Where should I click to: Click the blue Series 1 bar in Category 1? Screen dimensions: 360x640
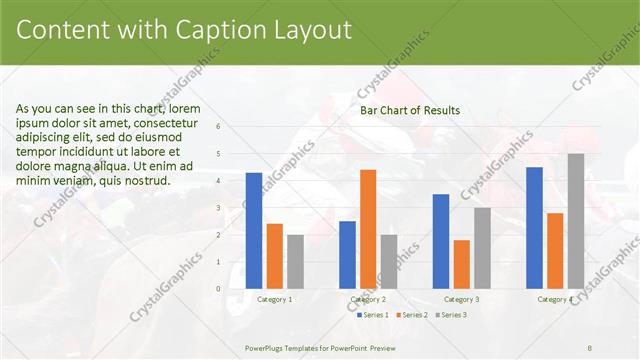click(x=254, y=231)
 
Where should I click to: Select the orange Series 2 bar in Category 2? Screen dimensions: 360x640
click(x=368, y=229)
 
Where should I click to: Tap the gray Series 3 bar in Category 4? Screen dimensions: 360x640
click(x=576, y=221)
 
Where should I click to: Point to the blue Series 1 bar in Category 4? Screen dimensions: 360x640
click(x=534, y=228)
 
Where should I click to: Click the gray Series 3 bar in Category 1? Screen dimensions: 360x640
click(x=295, y=262)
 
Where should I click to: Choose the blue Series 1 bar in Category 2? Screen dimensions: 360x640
click(x=347, y=255)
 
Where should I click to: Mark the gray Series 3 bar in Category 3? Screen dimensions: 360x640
click(x=482, y=248)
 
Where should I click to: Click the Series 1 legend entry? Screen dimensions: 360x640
click(x=375, y=315)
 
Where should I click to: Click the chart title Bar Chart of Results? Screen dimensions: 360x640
click(x=410, y=110)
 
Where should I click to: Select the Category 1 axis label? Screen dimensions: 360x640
click(x=275, y=299)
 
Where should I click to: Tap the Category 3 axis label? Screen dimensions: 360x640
click(x=461, y=299)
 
